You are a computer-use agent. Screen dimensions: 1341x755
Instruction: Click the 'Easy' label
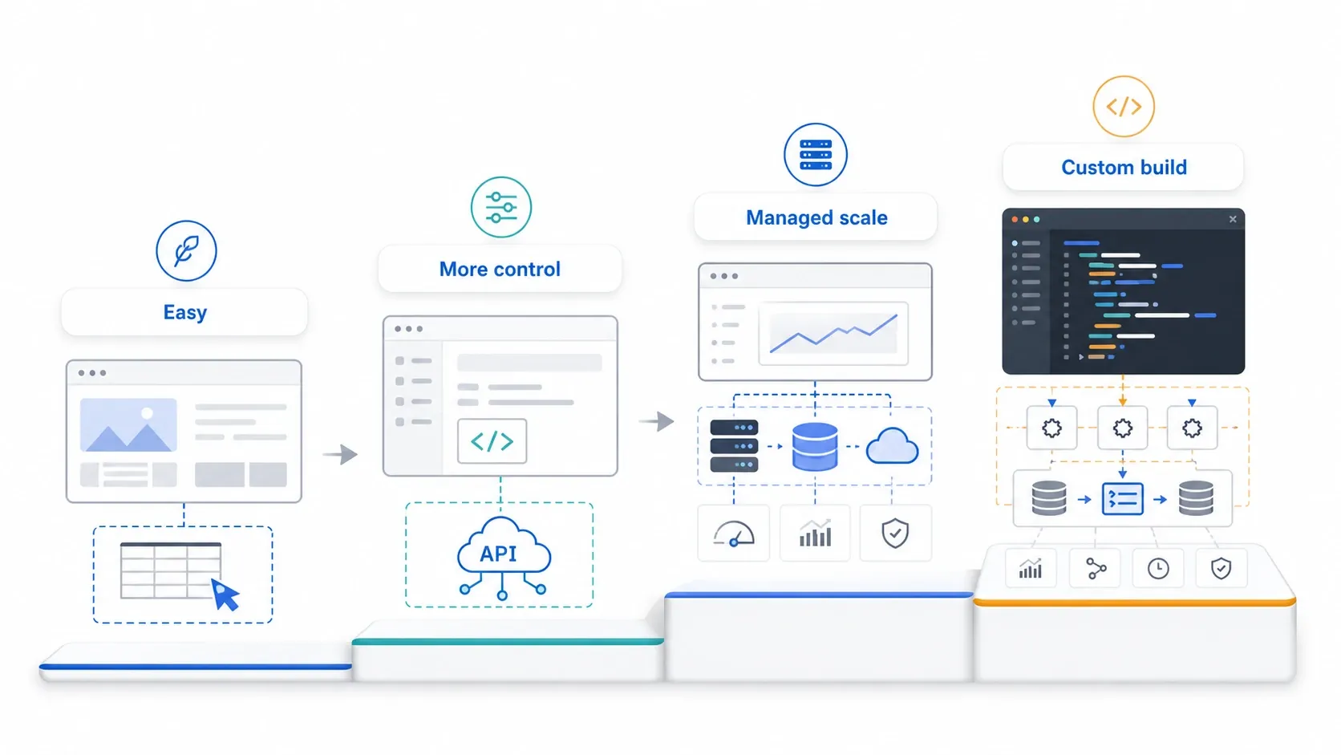tap(185, 312)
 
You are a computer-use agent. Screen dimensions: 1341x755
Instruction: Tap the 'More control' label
tap(500, 269)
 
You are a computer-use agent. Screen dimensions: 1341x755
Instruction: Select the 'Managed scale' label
tap(816, 217)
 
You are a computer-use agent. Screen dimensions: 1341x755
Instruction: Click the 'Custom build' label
tap(1124, 167)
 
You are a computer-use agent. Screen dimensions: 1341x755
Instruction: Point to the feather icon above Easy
tap(186, 251)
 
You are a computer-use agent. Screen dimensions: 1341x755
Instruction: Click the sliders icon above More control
tap(501, 207)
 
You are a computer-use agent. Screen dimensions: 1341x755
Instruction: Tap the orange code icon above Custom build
tap(1124, 107)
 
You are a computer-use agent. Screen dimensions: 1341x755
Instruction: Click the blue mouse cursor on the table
tap(225, 594)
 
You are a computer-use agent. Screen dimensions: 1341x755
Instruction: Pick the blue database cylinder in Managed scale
tap(815, 446)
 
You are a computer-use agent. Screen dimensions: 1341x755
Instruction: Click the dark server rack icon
tap(734, 446)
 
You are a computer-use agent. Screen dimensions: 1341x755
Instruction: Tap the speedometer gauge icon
tap(734, 534)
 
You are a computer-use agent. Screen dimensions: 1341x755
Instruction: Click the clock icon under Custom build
tap(1158, 568)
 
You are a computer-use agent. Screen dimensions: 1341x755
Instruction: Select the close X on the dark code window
tap(1233, 219)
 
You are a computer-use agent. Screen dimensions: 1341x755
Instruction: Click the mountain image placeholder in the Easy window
tap(128, 424)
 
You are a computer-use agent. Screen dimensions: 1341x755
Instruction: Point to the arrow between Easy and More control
tap(340, 454)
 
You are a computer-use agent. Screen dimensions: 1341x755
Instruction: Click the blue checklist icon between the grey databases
tap(1123, 499)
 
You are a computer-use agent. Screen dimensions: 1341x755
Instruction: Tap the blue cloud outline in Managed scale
tap(892, 446)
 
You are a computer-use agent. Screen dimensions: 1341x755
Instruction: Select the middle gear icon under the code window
tap(1123, 428)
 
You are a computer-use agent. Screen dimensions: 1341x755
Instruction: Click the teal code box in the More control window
tap(492, 441)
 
